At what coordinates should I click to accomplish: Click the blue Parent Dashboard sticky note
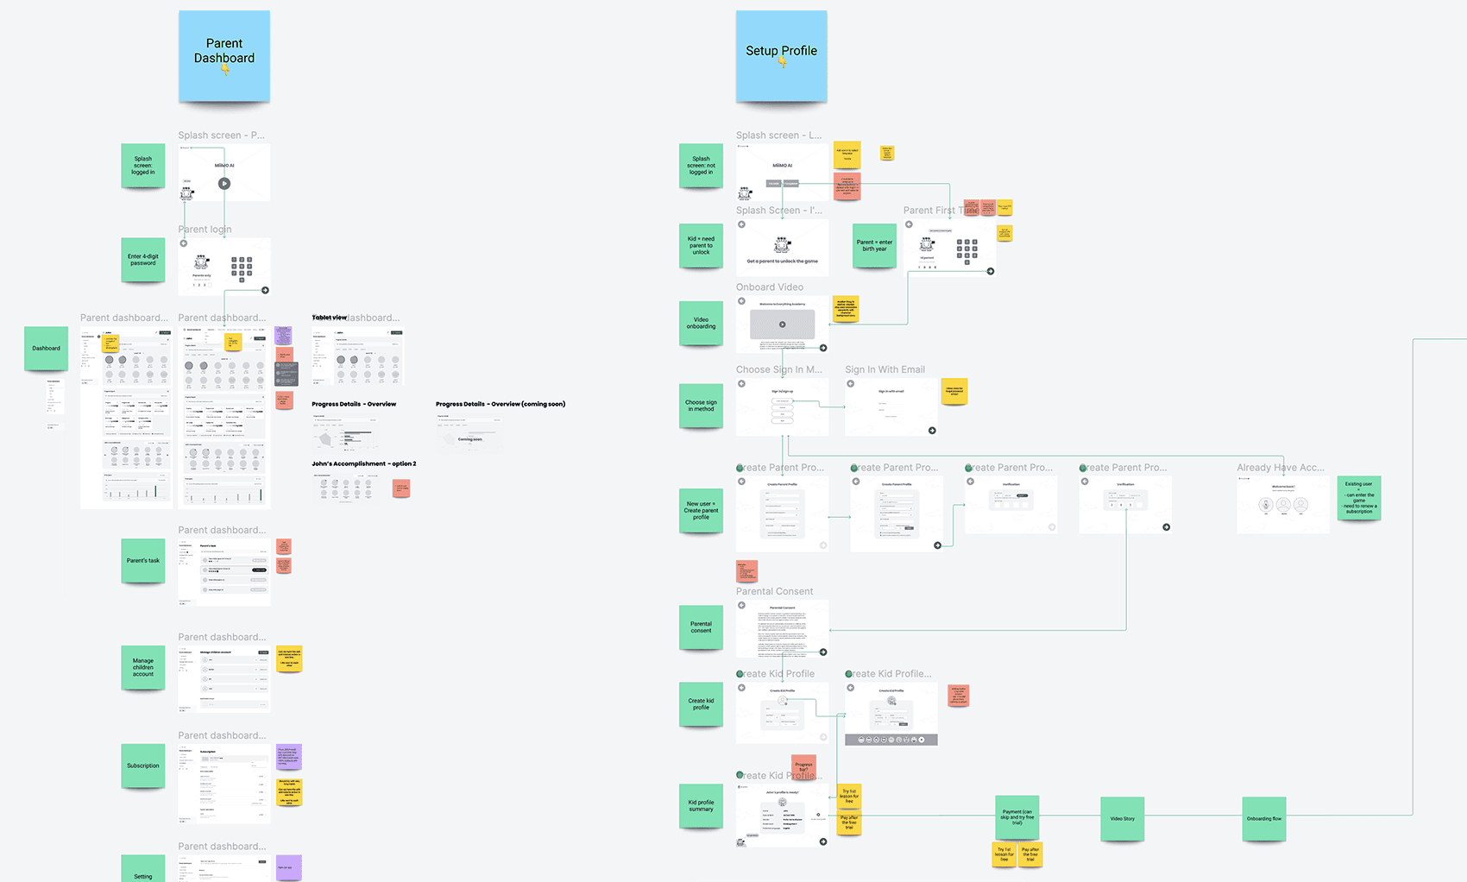(224, 56)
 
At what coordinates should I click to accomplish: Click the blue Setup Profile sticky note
(781, 56)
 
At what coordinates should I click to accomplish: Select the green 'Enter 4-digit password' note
(143, 259)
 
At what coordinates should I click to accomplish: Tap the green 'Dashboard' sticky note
(47, 349)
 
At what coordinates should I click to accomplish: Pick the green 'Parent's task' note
(143, 560)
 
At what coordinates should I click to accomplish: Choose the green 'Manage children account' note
(143, 667)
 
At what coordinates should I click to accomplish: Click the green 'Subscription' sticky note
(143, 765)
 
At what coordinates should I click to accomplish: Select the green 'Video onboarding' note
(701, 323)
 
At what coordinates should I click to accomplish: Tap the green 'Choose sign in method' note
(701, 406)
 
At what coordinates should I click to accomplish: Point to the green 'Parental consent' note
(701, 627)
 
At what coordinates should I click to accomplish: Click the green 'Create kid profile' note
(701, 704)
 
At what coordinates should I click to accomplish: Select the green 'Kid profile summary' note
(701, 805)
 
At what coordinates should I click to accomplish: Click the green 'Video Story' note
(1123, 819)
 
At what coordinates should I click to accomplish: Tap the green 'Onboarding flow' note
(1264, 819)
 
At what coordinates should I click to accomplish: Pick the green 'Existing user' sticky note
(1359, 498)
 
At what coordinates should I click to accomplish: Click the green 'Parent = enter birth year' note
(874, 246)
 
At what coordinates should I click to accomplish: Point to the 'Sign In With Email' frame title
(885, 369)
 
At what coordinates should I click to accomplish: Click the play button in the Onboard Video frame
(783, 324)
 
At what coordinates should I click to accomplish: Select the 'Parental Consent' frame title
(774, 591)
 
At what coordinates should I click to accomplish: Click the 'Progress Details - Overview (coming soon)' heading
(501, 404)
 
